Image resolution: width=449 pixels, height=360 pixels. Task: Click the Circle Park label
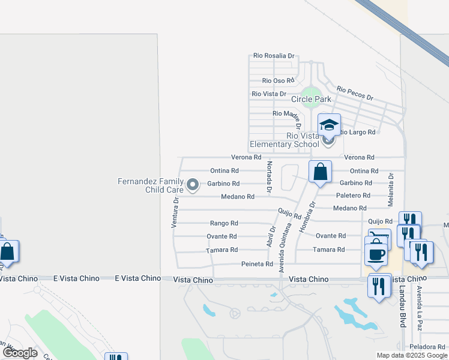click(311, 99)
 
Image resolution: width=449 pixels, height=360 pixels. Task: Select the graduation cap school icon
click(329, 125)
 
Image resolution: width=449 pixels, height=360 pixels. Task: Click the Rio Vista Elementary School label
click(285, 140)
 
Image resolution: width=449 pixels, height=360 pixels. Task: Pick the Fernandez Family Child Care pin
click(193, 185)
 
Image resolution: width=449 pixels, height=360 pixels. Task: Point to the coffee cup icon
click(376, 253)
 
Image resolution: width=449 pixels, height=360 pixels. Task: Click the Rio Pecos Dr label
click(355, 93)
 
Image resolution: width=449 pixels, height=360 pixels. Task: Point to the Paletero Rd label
click(354, 196)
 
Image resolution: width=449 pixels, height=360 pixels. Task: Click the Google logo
click(20, 353)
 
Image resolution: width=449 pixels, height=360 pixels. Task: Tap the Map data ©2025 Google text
click(411, 355)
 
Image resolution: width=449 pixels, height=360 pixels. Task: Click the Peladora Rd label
click(426, 347)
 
